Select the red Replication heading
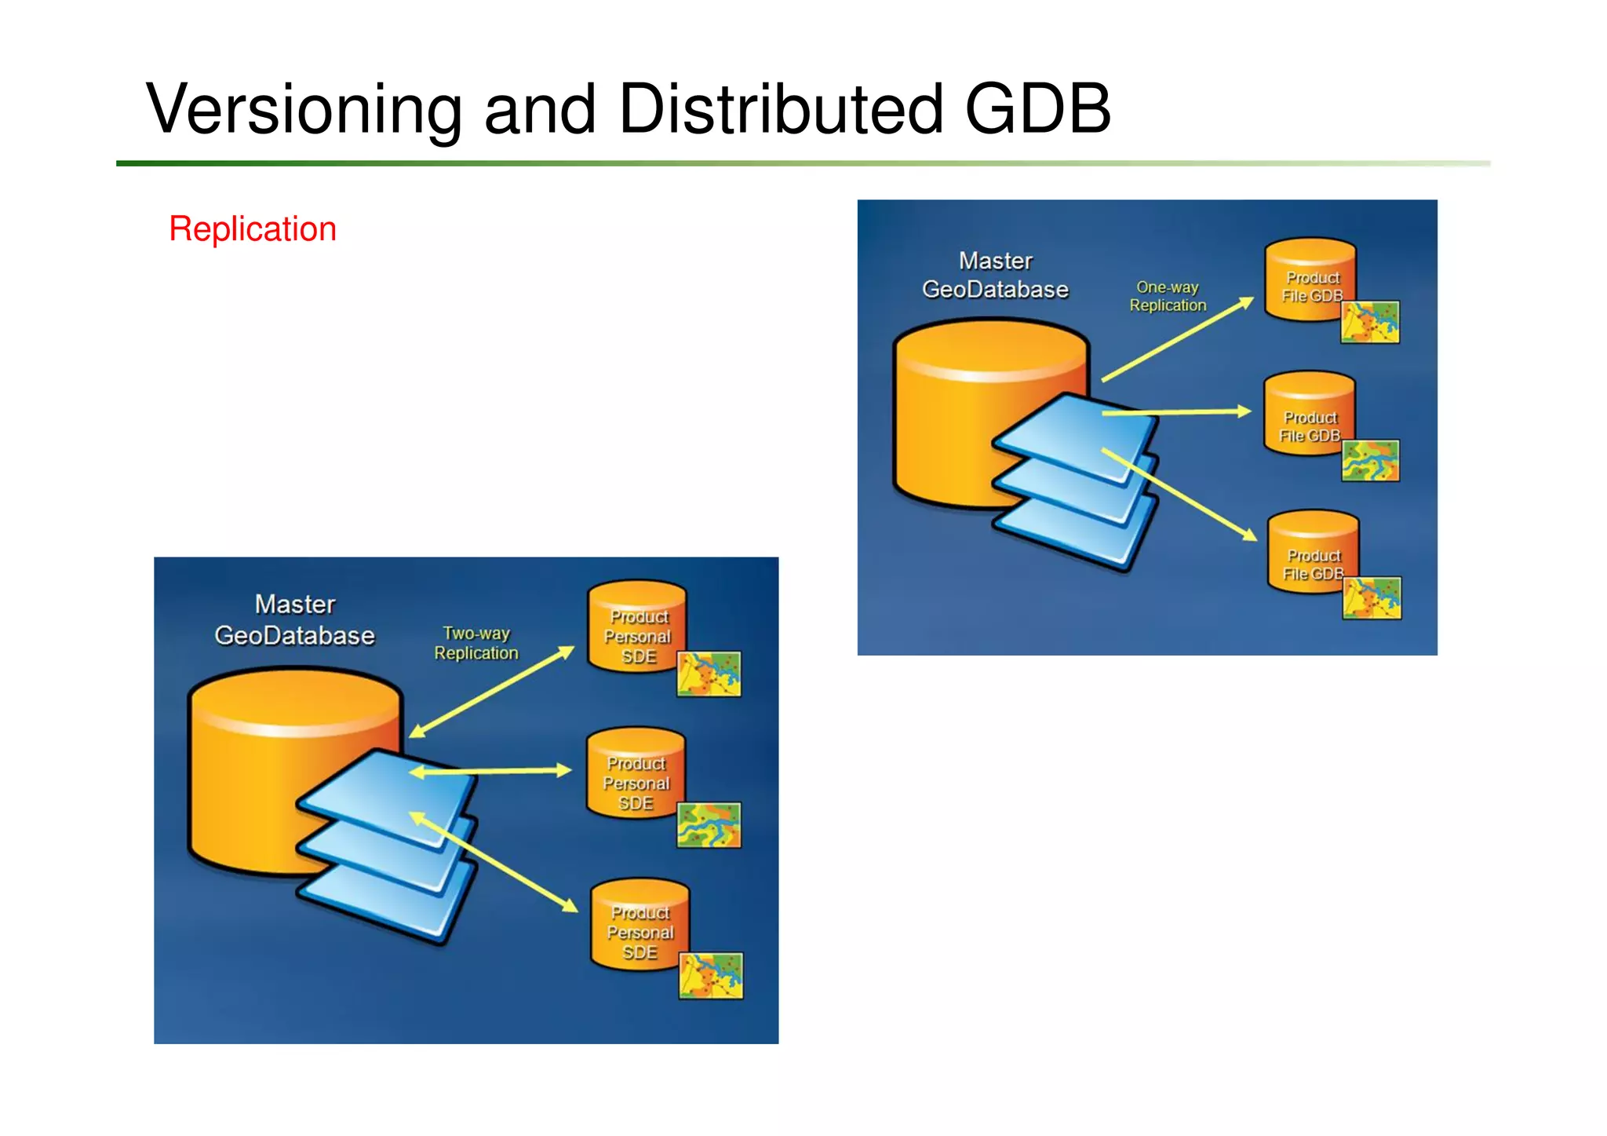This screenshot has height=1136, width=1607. (x=253, y=229)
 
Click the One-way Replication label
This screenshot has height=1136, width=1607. (x=1168, y=297)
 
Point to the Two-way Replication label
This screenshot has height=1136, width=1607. (x=476, y=643)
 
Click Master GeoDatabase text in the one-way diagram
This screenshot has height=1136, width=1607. (x=995, y=276)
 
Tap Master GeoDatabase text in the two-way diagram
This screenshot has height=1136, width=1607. (x=295, y=620)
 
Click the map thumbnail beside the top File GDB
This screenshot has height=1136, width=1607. (x=1370, y=322)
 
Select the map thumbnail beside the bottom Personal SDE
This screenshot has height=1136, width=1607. (x=710, y=976)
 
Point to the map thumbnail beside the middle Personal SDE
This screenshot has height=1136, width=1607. (x=709, y=825)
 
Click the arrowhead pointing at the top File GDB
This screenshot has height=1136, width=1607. (x=1246, y=303)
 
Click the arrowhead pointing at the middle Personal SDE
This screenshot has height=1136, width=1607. (x=563, y=770)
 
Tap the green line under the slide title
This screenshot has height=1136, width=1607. (x=785, y=163)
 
